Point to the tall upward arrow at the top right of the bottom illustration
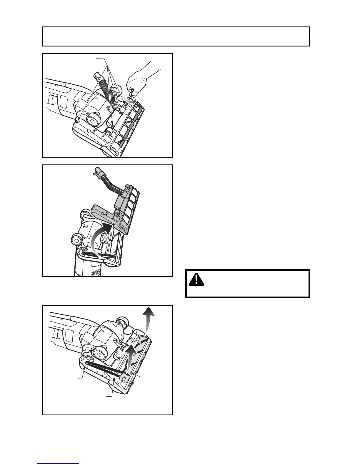(x=149, y=319)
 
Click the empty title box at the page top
(x=176, y=36)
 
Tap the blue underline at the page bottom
(x=58, y=464)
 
